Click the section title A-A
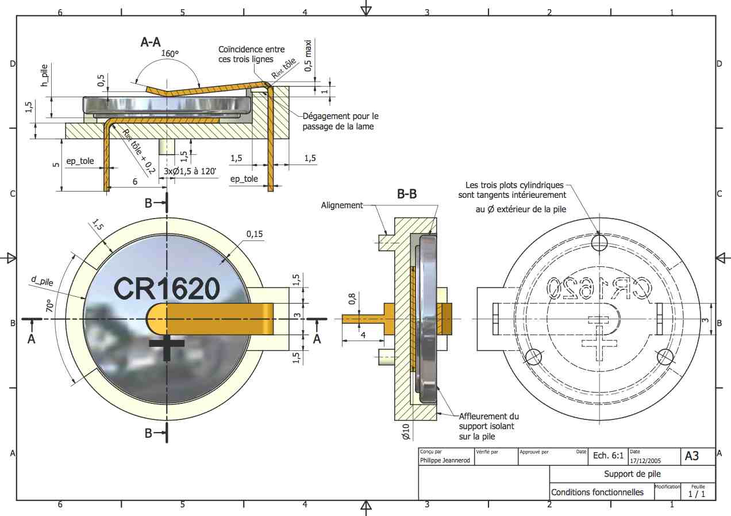[151, 42]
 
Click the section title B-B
[407, 194]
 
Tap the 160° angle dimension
[170, 53]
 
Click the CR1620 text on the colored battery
[167, 288]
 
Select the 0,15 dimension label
[255, 234]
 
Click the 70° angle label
[49, 305]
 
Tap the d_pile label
[42, 281]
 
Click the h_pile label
[44, 75]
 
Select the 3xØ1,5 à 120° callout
[190, 171]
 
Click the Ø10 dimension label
[406, 432]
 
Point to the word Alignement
[342, 205]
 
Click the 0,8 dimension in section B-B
[352, 299]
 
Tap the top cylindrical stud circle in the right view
[599, 243]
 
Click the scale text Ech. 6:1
[608, 456]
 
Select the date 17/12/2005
[645, 461]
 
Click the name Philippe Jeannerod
[445, 460]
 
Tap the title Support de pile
[632, 474]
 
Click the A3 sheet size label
[691, 456]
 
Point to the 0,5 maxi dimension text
[307, 56]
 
